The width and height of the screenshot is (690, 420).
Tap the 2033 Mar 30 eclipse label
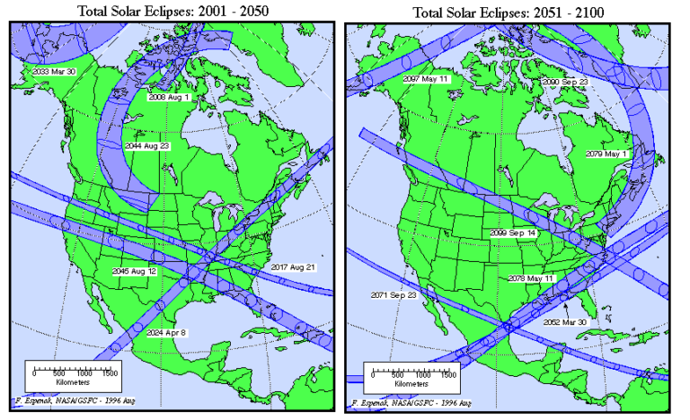(53, 71)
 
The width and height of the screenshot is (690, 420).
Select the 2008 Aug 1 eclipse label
(170, 97)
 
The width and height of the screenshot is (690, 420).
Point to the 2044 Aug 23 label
(146, 144)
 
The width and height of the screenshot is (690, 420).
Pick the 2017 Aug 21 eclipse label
(293, 267)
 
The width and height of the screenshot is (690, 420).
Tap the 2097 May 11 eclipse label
(426, 80)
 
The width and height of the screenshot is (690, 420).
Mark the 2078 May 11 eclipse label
(529, 277)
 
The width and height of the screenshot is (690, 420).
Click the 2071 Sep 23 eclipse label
(394, 294)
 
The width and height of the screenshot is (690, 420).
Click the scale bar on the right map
(410, 367)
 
